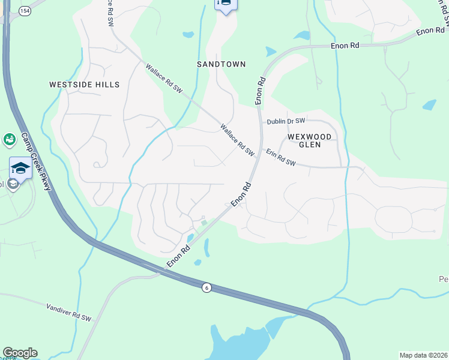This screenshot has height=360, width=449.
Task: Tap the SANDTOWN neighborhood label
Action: click(x=221, y=64)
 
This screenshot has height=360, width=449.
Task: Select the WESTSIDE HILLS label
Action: click(x=85, y=85)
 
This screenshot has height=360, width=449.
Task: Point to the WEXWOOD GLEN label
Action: click(x=309, y=140)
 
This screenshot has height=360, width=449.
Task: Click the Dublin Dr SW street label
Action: click(x=286, y=121)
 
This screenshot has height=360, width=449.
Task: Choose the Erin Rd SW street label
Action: click(x=281, y=158)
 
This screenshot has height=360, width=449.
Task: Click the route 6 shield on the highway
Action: click(x=206, y=288)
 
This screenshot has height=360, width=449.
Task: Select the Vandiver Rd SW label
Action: click(x=68, y=313)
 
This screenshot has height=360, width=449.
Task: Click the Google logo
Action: click(x=20, y=353)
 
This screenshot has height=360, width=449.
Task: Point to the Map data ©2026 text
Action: click(x=423, y=355)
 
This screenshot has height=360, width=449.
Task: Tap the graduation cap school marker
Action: click(x=20, y=167)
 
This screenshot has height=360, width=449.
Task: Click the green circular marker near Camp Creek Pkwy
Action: click(x=9, y=140)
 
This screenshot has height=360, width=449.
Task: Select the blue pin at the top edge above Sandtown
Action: click(x=226, y=5)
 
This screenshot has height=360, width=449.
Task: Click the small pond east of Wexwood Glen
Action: click(x=429, y=104)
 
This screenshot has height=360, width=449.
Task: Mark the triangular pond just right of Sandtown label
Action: click(x=271, y=52)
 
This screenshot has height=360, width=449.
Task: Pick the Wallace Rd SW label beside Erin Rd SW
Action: click(x=237, y=140)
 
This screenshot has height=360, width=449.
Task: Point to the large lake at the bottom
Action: click(x=240, y=342)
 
